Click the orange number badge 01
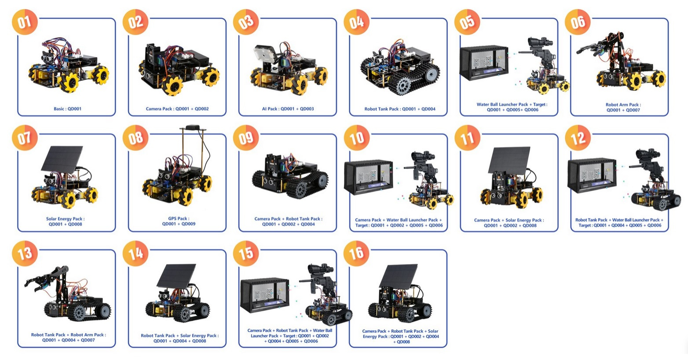[x=25, y=22]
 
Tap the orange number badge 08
[x=135, y=138]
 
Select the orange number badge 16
[x=356, y=253]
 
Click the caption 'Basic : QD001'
[x=68, y=109]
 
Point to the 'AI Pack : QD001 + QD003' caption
[x=288, y=109]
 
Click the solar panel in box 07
[x=62, y=159]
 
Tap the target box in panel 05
[x=484, y=63]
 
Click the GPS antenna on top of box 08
[x=193, y=127]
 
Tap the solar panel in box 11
[x=509, y=160]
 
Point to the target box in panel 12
[x=592, y=176]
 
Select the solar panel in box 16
[x=399, y=276]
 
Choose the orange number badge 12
[x=578, y=138]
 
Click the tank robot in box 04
[x=400, y=69]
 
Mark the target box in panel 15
[x=265, y=295]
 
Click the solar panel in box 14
[x=176, y=276]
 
